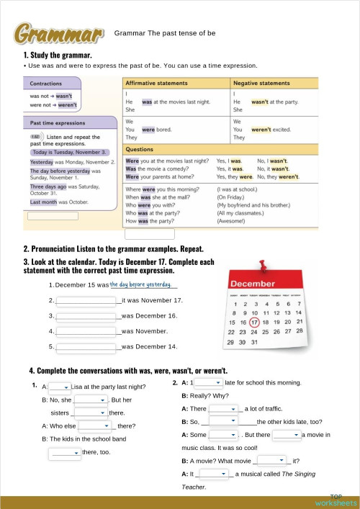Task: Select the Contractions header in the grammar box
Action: click(x=46, y=84)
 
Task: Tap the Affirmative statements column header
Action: click(x=157, y=84)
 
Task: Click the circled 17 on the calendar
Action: click(x=254, y=322)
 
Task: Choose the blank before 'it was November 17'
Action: click(x=86, y=300)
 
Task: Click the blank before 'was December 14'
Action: click(x=86, y=347)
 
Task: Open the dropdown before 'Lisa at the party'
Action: click(x=59, y=387)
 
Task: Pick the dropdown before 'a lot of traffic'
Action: click(x=223, y=409)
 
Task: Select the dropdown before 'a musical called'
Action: click(x=214, y=474)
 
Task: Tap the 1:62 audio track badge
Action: click(x=35, y=136)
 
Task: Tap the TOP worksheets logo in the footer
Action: click(x=336, y=500)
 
